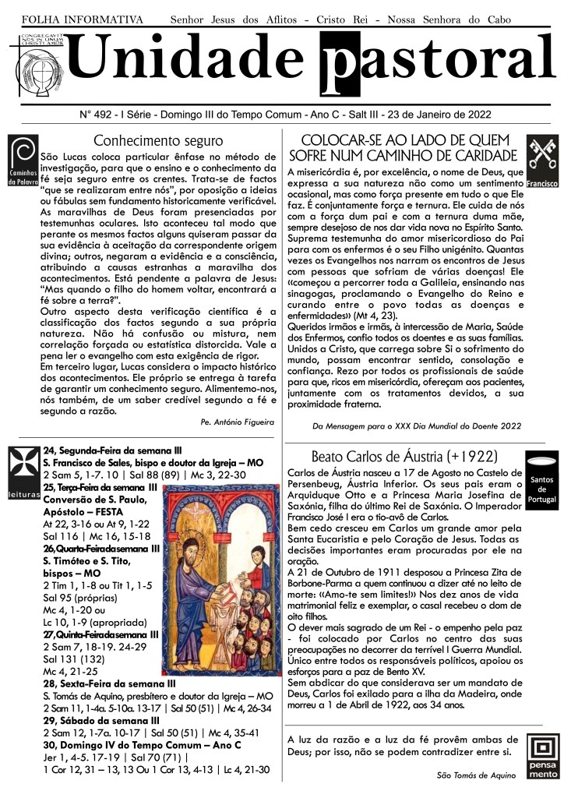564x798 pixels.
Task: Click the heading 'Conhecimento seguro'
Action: (x=158, y=141)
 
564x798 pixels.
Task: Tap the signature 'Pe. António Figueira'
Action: (x=237, y=422)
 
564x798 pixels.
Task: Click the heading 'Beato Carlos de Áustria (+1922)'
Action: (x=404, y=456)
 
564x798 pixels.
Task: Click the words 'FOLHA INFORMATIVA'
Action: (x=83, y=19)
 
